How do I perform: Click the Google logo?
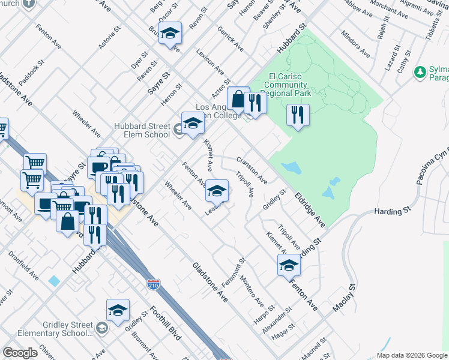point(20,353)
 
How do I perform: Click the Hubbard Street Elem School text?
point(142,130)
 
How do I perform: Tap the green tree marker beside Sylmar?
point(420,73)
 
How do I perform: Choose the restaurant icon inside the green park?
point(298,114)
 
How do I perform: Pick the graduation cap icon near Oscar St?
point(170,34)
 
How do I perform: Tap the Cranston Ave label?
point(252,170)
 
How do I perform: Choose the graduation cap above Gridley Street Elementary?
point(118,310)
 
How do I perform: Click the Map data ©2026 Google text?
point(412,354)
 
